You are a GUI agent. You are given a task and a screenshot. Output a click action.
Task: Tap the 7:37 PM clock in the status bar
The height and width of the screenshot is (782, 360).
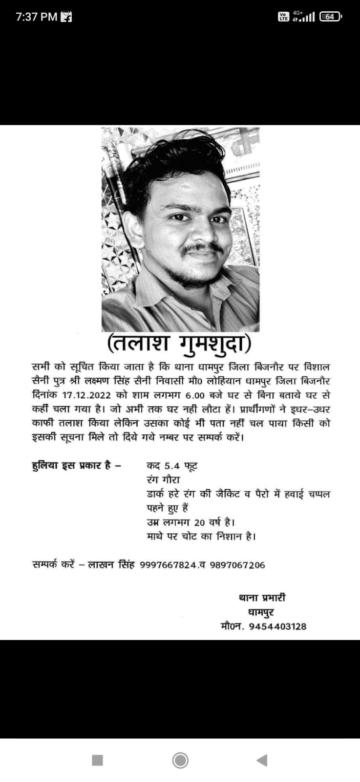[x=37, y=17]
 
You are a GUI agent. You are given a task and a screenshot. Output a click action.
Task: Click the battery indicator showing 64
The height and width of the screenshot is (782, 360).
[x=330, y=17]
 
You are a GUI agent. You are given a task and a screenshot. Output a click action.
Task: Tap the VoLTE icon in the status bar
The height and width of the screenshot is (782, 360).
[x=283, y=17]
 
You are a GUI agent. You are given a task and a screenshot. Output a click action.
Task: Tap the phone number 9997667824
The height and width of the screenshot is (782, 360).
[x=169, y=565]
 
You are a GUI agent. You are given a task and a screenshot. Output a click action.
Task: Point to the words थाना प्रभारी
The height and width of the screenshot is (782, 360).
[x=262, y=598]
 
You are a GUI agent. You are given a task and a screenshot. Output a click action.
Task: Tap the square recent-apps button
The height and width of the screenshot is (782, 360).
[x=98, y=760]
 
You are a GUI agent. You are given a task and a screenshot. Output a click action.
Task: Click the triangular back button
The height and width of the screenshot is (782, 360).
[x=262, y=760]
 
